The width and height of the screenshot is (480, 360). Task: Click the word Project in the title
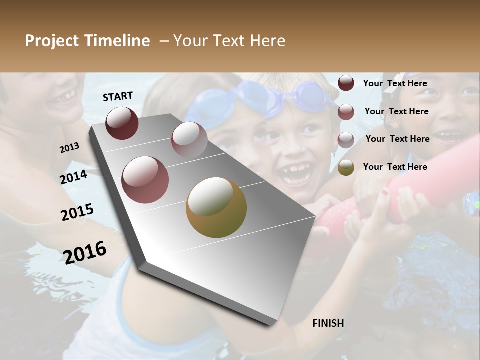click(52, 41)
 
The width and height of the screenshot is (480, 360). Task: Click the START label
click(118, 96)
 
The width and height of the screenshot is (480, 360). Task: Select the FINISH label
click(328, 323)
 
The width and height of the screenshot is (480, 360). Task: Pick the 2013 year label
click(69, 148)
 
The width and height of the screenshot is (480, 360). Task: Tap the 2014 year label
click(74, 177)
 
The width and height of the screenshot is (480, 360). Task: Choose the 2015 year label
click(77, 212)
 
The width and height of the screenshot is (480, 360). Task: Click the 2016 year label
click(85, 253)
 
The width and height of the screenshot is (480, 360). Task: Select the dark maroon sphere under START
click(122, 123)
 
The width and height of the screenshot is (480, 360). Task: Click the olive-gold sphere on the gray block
click(216, 207)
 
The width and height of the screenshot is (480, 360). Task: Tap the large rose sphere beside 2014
click(145, 180)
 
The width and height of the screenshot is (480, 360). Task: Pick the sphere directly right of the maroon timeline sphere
click(189, 139)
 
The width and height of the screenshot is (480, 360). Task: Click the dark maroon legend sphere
click(346, 83)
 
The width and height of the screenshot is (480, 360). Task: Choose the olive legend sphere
click(346, 167)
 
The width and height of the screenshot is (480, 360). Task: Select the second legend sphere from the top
click(346, 112)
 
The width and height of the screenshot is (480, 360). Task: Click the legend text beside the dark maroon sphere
click(395, 84)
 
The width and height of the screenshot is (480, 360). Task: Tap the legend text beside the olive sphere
click(395, 167)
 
